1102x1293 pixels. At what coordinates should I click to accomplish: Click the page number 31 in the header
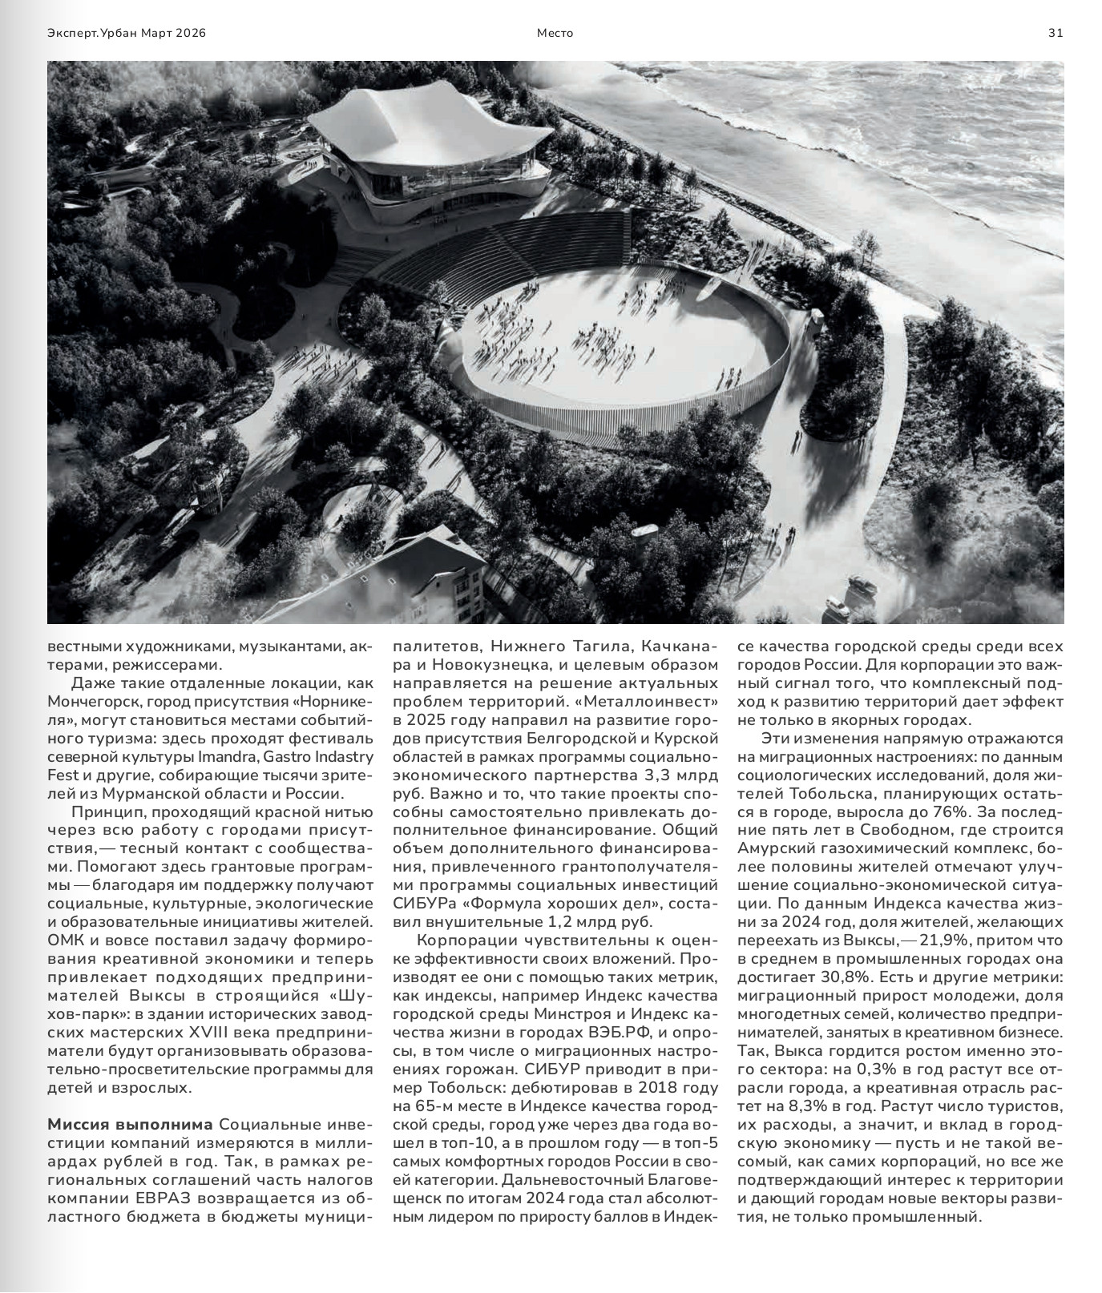(1056, 33)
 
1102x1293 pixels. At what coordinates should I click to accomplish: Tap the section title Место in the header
(555, 33)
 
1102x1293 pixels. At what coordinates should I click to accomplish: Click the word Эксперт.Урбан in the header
(92, 33)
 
